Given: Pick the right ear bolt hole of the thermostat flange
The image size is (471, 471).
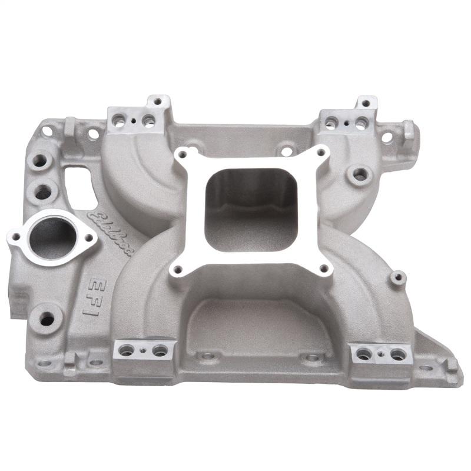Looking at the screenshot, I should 89,238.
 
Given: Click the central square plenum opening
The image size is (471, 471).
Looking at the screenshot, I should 252,209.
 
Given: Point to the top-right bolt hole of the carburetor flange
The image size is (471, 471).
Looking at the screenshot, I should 321,152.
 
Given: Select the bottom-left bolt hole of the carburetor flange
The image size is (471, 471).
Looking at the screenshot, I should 177,270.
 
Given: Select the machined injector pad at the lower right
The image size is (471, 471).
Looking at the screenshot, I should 381,353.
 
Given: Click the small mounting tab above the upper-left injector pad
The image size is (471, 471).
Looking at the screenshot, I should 158,102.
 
